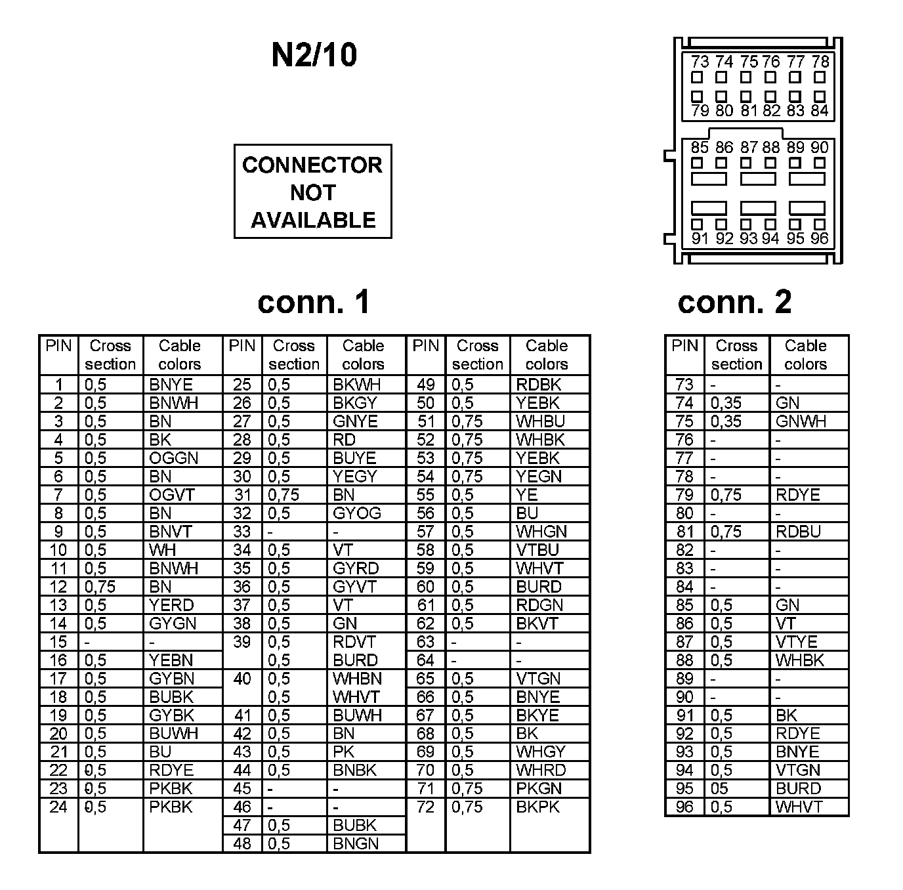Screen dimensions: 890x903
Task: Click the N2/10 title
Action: (x=314, y=54)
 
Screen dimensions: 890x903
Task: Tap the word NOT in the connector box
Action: (x=312, y=192)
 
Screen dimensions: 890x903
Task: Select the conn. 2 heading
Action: (x=734, y=301)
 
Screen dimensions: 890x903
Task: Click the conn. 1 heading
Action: (x=314, y=301)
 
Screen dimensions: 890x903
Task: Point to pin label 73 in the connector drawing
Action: (x=700, y=62)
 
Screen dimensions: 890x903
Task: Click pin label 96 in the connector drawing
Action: (x=820, y=238)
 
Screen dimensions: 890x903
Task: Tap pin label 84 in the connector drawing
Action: (x=820, y=111)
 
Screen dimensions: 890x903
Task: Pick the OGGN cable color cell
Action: (x=173, y=458)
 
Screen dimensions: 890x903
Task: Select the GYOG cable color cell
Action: (x=356, y=513)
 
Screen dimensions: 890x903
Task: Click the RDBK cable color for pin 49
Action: (x=538, y=385)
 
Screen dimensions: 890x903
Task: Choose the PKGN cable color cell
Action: (x=539, y=788)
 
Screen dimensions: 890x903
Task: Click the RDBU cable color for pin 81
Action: (x=798, y=532)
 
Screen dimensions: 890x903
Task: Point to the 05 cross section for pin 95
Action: (x=719, y=788)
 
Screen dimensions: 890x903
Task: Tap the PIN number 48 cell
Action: (x=242, y=843)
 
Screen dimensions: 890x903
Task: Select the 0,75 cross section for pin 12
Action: (x=100, y=587)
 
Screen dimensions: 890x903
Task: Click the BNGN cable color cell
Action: (x=356, y=843)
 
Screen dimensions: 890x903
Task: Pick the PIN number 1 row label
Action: (x=58, y=385)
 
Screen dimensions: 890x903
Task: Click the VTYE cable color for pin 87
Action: (x=797, y=642)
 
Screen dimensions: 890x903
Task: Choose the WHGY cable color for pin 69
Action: (x=541, y=752)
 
